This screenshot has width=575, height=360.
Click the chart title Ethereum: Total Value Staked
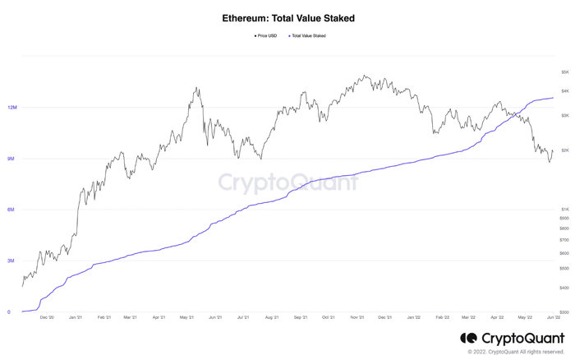coord(287,17)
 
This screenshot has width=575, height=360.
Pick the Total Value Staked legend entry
coord(309,35)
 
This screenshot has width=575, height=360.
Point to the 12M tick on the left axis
coord(12,108)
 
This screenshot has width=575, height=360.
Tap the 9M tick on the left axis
coord(12,159)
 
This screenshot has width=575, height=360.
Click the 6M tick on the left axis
coord(12,210)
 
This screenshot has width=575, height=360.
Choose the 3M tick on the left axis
coord(12,261)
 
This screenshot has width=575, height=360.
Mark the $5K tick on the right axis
coord(565,72)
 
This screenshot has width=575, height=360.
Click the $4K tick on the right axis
coord(565,90)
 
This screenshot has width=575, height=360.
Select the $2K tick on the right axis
coord(565,150)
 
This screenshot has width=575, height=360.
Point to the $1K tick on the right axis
coord(565,210)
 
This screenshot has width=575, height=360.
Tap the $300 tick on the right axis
coord(565,313)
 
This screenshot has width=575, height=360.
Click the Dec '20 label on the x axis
coord(46,317)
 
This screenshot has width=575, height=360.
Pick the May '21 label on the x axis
coord(186,317)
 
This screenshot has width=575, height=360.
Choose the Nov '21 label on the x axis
coord(356,317)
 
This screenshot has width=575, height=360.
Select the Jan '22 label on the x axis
coord(414,317)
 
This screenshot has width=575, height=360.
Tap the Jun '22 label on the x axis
coord(554,317)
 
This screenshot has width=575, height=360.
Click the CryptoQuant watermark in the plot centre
coord(287,182)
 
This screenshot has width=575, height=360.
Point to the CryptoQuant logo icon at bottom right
coord(468,338)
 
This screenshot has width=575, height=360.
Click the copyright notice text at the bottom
coord(517,352)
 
